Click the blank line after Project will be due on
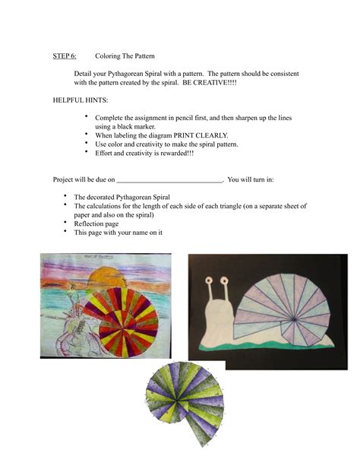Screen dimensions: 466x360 pos(170,179)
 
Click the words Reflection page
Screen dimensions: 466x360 pos(96,223)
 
